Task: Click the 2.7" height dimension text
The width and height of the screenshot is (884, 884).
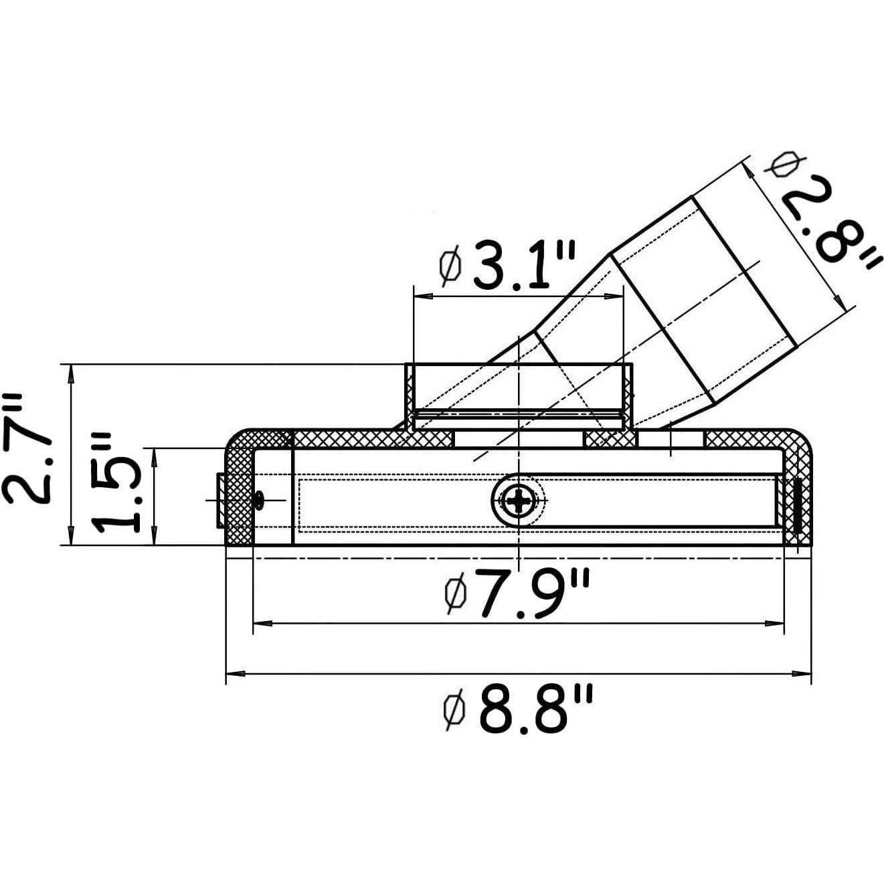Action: [x=28, y=448]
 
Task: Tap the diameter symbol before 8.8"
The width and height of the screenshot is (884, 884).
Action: [x=455, y=711]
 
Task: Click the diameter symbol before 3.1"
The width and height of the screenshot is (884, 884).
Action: [x=450, y=266]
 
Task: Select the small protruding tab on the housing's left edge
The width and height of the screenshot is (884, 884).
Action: [x=220, y=500]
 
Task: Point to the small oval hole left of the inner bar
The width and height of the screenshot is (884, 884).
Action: [x=259, y=500]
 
